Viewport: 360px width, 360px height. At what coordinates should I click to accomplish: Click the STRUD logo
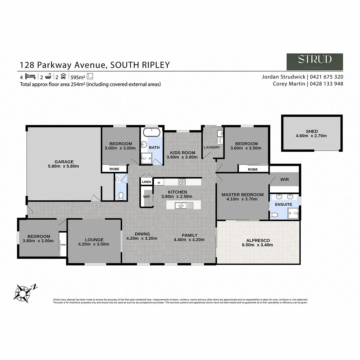[315, 62]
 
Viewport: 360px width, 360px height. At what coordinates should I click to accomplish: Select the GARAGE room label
[64, 162]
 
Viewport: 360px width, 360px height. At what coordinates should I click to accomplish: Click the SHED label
[312, 131]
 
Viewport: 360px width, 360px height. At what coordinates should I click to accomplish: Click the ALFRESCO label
[258, 240]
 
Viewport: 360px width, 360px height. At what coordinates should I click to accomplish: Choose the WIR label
[284, 179]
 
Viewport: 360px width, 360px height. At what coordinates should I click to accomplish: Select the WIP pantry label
[146, 196]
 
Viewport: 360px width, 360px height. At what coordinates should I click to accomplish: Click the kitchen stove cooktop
[182, 182]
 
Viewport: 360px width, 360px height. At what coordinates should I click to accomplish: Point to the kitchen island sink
[182, 205]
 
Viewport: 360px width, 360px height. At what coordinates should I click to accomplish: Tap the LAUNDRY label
[212, 147]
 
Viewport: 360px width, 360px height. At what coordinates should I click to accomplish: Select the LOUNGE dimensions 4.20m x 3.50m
[94, 244]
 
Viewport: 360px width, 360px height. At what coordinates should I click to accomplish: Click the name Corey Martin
[288, 84]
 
